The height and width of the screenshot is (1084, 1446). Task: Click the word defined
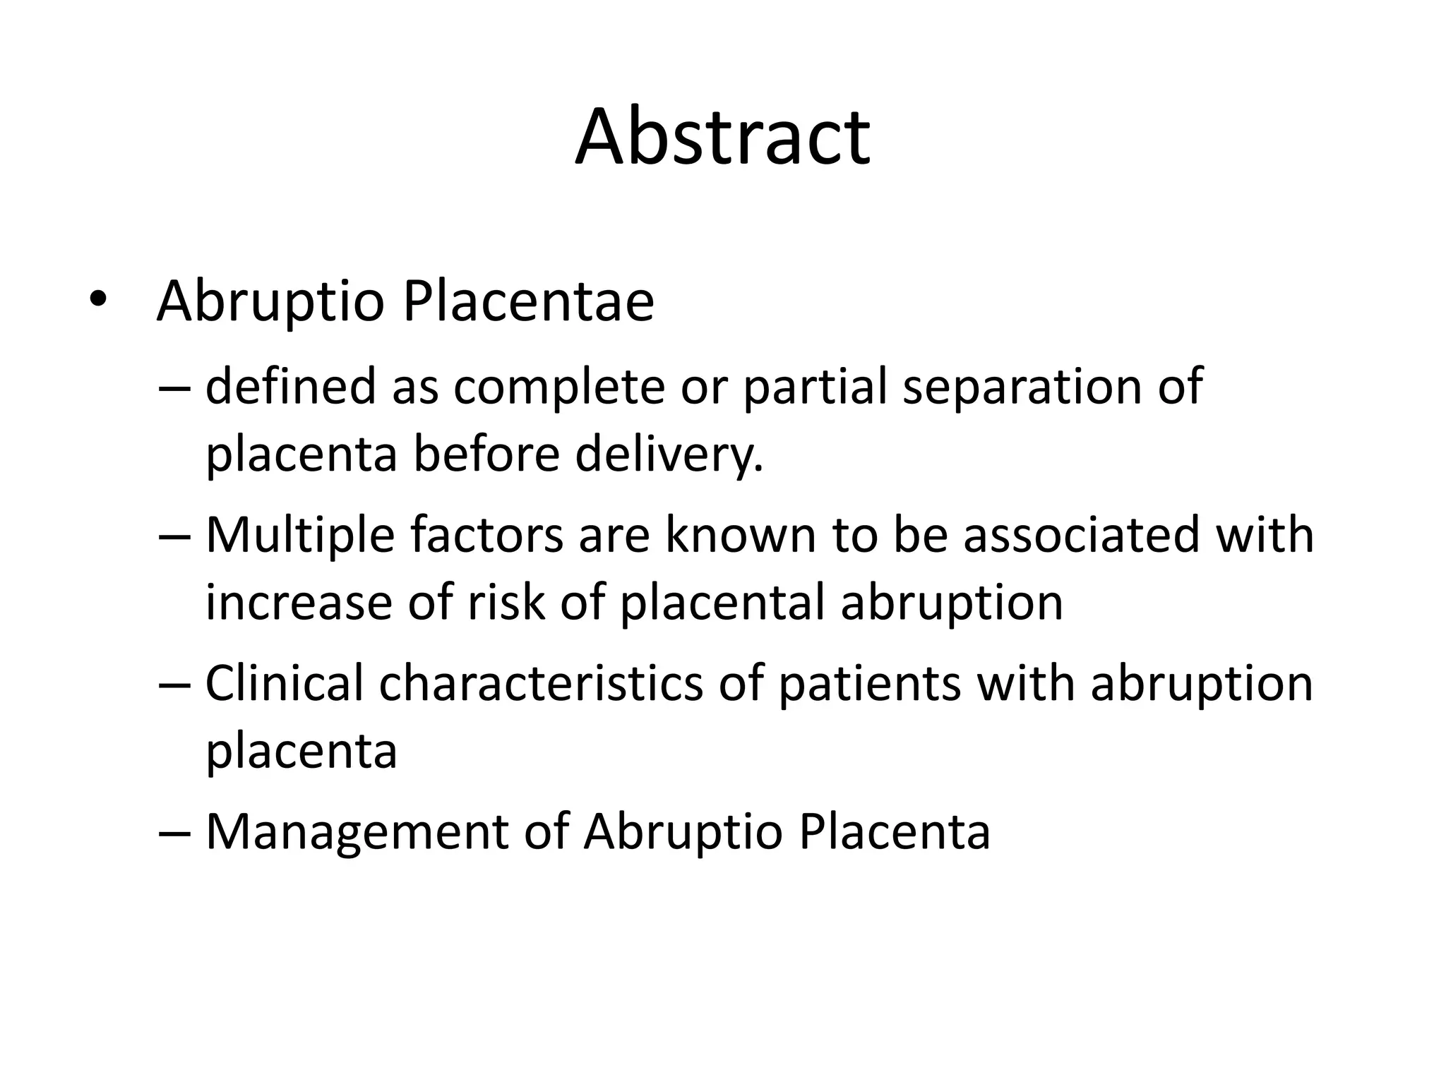coord(290,386)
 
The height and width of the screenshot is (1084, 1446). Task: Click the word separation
coord(1022,387)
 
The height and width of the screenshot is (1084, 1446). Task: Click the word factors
coord(486,535)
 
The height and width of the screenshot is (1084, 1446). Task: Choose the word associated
coord(1081,535)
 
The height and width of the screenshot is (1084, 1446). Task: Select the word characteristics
coord(541,683)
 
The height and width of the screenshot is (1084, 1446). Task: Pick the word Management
coord(357,833)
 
